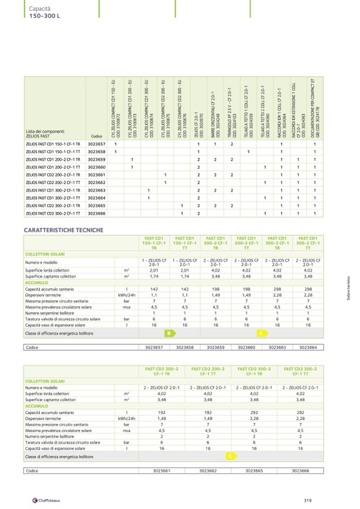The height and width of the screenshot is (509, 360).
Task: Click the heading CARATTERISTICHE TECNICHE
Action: [x=64, y=230]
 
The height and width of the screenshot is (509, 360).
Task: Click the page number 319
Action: [x=307, y=499]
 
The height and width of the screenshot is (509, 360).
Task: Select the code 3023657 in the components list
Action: [x=97, y=144]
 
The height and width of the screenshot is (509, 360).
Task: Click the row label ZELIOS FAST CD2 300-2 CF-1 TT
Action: [x=53, y=213]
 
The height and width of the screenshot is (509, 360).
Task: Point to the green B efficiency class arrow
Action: [x=169, y=333]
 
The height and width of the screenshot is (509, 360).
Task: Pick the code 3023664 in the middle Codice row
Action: [x=307, y=348]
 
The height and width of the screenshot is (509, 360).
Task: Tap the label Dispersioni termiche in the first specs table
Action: [x=42, y=295]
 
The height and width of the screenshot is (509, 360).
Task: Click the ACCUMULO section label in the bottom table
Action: [x=37, y=406]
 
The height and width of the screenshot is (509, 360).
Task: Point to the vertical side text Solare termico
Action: [x=348, y=289]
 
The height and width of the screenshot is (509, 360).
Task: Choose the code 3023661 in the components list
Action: [x=97, y=175]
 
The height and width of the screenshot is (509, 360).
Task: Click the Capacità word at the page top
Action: [x=39, y=9]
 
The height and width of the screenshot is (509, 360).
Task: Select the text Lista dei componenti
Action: [x=45, y=131]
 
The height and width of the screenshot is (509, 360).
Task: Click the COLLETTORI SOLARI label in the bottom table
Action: [x=45, y=381]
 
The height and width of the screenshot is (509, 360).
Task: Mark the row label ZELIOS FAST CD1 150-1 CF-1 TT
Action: [x=53, y=151]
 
